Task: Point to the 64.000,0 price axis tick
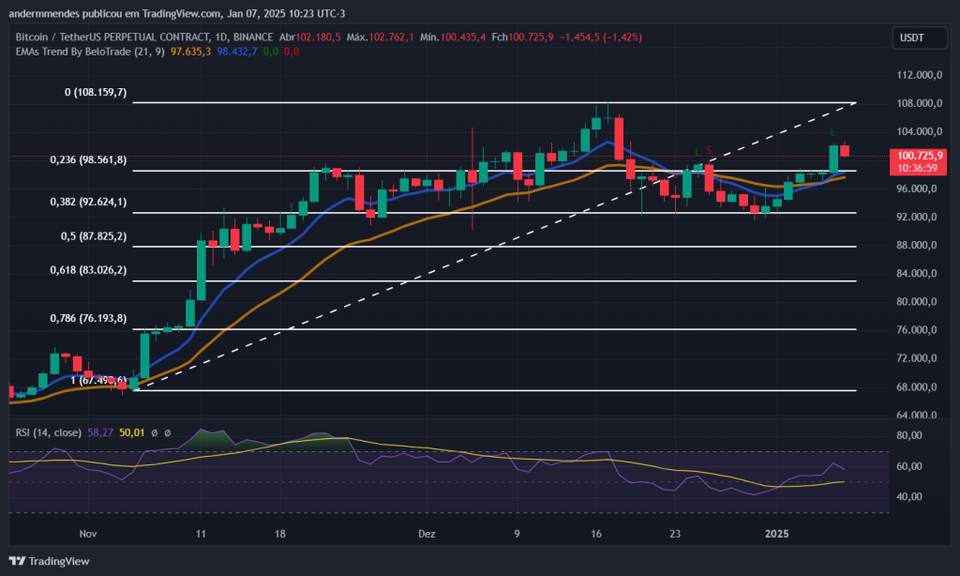(917, 415)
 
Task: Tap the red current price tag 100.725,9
(920, 156)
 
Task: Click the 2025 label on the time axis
(778, 533)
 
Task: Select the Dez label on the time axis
(427, 533)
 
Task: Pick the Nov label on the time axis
(89, 533)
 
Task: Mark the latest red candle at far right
(844, 150)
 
